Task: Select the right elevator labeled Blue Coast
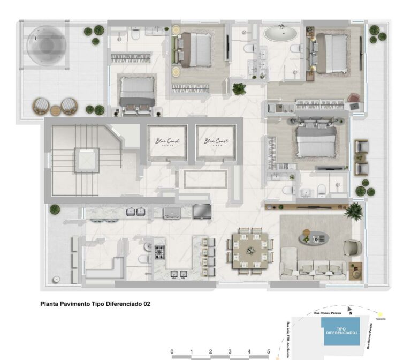216,142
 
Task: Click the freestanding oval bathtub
280,34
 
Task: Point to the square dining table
249,250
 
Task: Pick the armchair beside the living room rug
352,247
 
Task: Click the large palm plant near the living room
353,211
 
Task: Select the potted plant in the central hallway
239,88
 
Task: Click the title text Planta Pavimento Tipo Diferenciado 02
95,304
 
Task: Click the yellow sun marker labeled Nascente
380,314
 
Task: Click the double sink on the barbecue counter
135,212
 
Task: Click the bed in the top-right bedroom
332,52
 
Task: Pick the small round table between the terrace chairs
55,110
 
